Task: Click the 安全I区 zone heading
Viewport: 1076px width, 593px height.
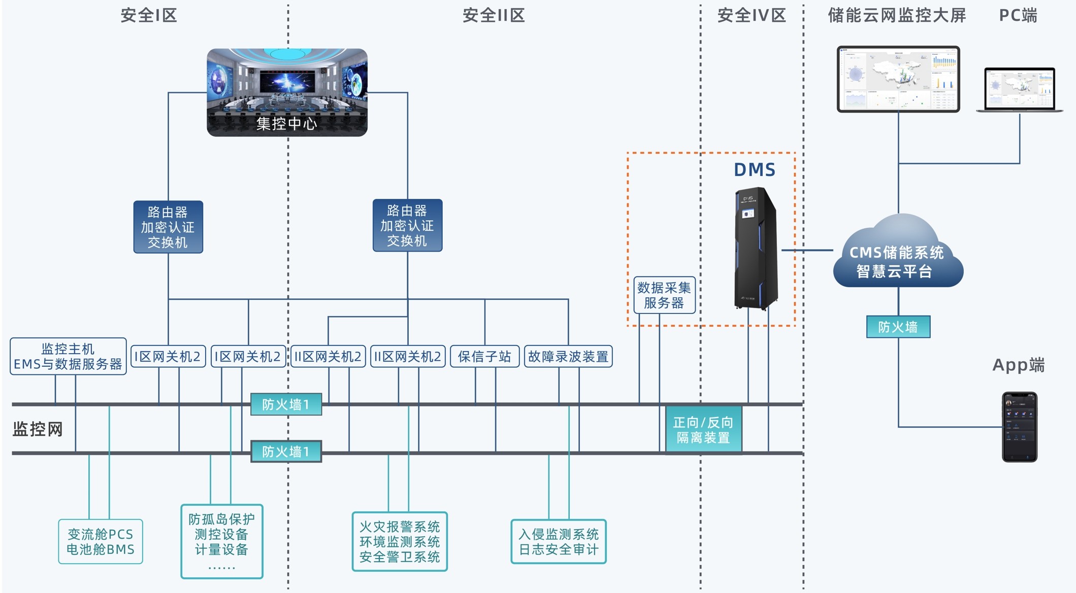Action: (x=149, y=16)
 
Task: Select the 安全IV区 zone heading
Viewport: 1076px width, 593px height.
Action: (x=752, y=16)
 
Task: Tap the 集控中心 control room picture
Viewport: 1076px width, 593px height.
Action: (x=287, y=92)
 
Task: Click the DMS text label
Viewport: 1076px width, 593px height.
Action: (x=755, y=170)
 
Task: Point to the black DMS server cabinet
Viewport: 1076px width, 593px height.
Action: (x=756, y=249)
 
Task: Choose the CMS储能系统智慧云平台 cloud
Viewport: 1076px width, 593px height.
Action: (x=898, y=256)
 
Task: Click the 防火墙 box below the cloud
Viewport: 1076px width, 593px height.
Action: (x=898, y=327)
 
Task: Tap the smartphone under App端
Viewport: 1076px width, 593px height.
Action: (x=1019, y=427)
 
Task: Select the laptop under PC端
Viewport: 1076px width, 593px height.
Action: (x=1019, y=90)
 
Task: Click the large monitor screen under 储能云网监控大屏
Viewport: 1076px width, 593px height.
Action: (x=898, y=79)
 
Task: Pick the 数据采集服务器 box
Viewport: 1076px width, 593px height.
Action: (x=664, y=295)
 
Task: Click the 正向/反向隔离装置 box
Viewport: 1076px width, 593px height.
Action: (x=703, y=430)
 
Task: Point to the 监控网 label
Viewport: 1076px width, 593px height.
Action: (x=38, y=430)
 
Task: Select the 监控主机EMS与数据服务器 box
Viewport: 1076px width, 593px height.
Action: (x=68, y=357)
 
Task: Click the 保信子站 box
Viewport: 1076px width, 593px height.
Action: (x=484, y=357)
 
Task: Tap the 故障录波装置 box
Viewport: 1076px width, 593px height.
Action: (x=568, y=357)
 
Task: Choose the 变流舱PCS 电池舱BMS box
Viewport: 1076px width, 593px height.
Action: (x=101, y=542)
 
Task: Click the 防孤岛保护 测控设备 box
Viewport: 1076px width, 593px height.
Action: (x=222, y=541)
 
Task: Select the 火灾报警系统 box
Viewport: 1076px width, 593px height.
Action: (x=400, y=541)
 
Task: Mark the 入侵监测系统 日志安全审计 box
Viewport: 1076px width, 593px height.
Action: (x=559, y=542)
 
